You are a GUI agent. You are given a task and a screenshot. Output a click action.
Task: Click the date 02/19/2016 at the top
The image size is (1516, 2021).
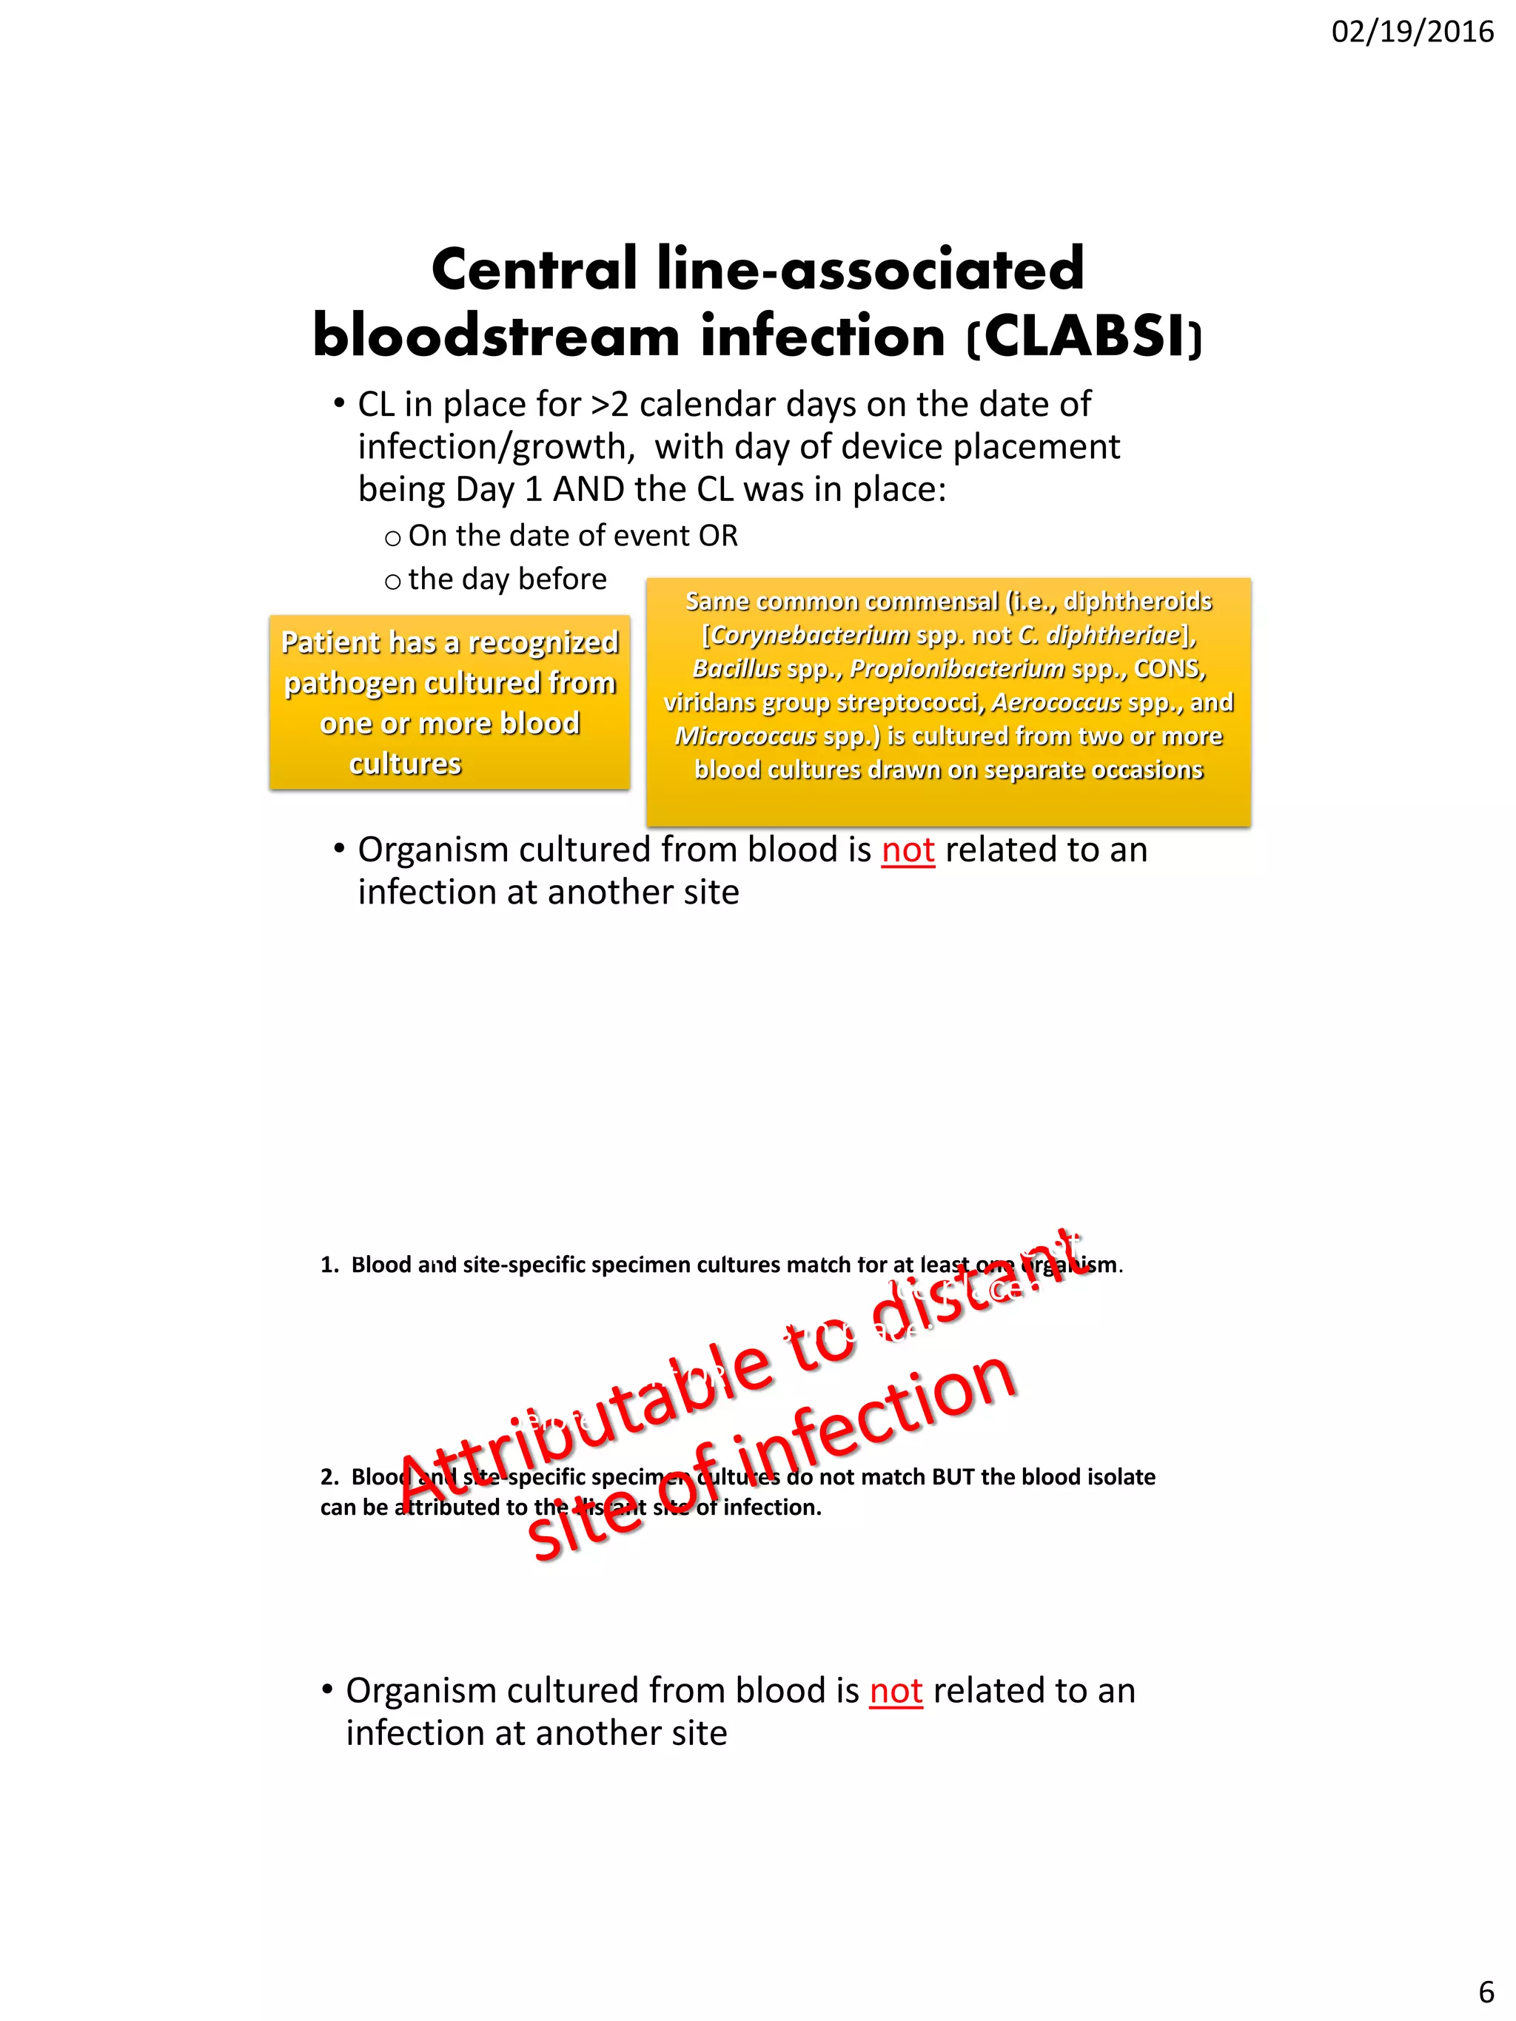[x=1412, y=33]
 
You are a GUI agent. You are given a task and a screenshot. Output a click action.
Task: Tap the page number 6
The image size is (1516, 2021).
[x=1486, y=1991]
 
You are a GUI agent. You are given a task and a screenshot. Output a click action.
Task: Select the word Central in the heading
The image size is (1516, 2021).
[x=534, y=269]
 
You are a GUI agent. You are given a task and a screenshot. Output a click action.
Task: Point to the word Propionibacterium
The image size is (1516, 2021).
[x=956, y=669]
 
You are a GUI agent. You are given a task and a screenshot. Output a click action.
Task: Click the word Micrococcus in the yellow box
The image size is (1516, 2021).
[x=745, y=736]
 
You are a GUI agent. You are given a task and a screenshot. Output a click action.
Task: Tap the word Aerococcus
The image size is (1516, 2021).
[x=1056, y=702]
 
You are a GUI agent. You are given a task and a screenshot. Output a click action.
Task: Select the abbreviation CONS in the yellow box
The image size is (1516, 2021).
[x=1169, y=669]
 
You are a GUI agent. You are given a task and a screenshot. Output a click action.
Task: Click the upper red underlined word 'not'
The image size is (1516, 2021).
[x=908, y=850]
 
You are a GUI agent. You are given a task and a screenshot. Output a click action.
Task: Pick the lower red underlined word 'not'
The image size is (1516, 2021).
[x=896, y=1691]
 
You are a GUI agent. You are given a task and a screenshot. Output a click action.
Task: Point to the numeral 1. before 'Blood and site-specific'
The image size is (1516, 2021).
[x=329, y=1265]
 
